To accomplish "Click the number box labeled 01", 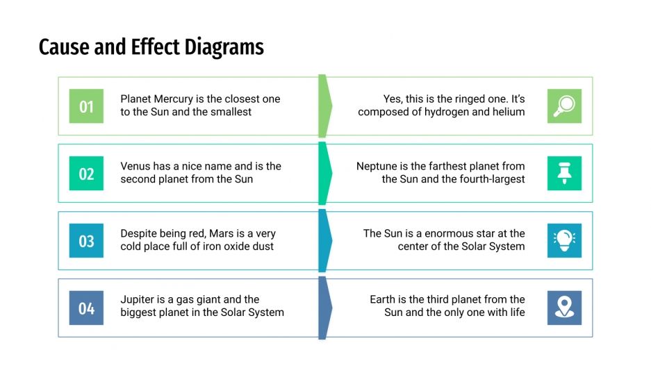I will [x=86, y=106].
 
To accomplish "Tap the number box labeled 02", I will [x=86, y=174].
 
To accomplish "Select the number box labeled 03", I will [x=86, y=241].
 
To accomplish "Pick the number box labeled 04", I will [x=86, y=308].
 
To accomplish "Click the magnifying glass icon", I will [x=564, y=106].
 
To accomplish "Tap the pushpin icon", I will [x=564, y=174].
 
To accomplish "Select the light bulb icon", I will [x=564, y=241].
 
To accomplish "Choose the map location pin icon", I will [x=564, y=308].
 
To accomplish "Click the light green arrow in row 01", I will [x=324, y=106].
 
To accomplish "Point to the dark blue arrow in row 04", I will [x=324, y=308].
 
